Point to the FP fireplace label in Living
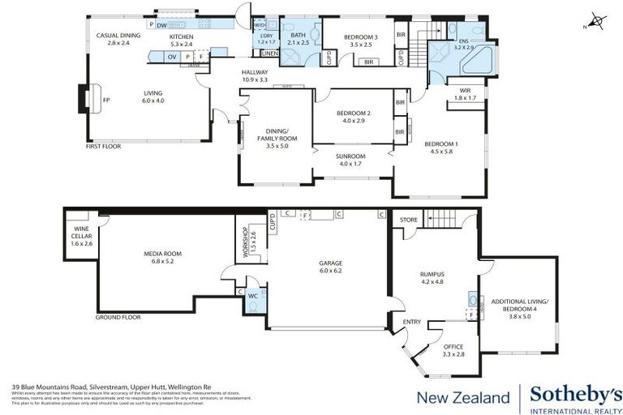tap(106, 101)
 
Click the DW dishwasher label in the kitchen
tap(163, 24)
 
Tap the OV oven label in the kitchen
tap(172, 57)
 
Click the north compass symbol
tap(596, 20)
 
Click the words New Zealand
tap(462, 396)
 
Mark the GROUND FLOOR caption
tap(118, 317)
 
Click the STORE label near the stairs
tap(408, 219)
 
